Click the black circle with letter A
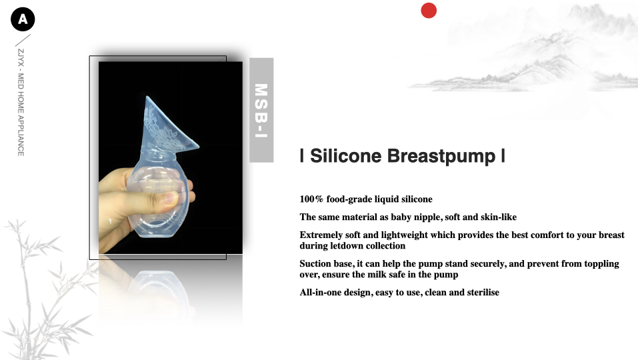[x=23, y=19]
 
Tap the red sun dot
[x=429, y=11]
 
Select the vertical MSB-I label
[x=261, y=110]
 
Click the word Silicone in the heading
[x=346, y=155]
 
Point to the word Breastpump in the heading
[x=441, y=156]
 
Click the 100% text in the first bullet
[x=311, y=199]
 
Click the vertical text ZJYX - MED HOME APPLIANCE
[x=21, y=103]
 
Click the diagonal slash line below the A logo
[x=23, y=40]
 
